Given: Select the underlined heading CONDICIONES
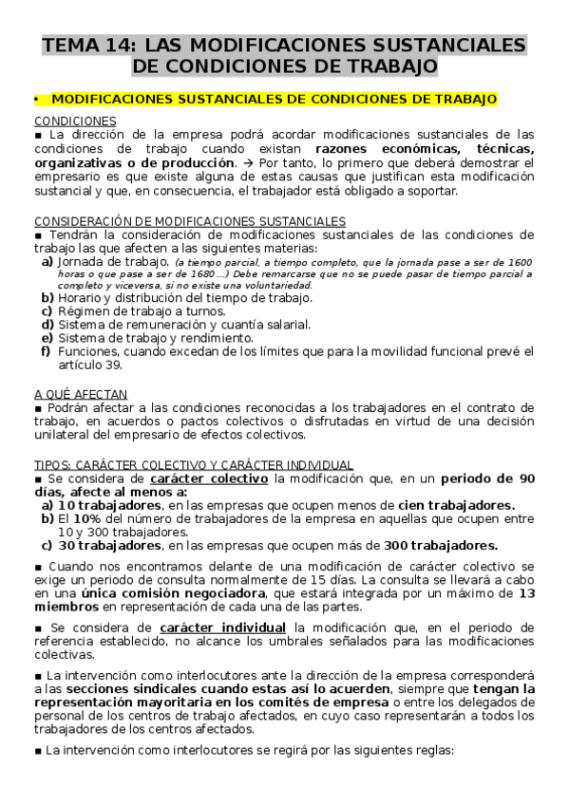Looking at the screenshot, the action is [75, 122].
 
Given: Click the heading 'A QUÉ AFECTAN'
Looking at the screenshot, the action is [81, 394].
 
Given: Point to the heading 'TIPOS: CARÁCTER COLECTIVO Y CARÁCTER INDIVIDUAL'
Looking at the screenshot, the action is [194, 464].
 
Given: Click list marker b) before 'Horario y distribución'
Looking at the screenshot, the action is [47, 297].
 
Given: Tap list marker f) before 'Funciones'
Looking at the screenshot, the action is [46, 351].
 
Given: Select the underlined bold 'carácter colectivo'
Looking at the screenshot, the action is [211, 478].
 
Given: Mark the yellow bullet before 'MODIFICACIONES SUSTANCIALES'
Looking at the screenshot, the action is [35, 99].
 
